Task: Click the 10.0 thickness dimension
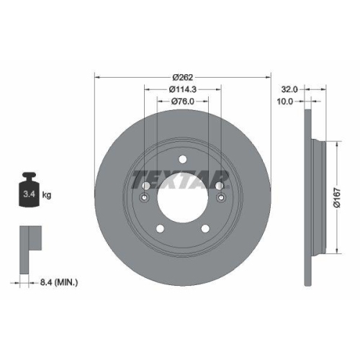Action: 287,102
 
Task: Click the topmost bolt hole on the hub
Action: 182,160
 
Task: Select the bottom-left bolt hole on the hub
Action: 161,228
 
